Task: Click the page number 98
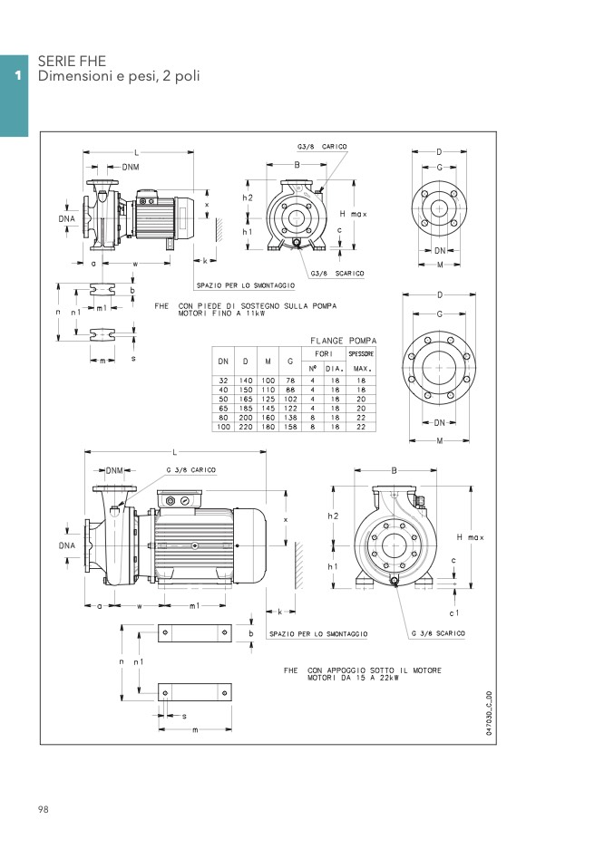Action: pyautogui.click(x=44, y=809)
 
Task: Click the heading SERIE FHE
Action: pyautogui.click(x=72, y=61)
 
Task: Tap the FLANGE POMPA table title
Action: pyautogui.click(x=343, y=341)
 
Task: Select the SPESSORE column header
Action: pyautogui.click(x=361, y=353)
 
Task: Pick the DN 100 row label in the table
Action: pyautogui.click(x=223, y=427)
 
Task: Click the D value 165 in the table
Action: pyautogui.click(x=246, y=399)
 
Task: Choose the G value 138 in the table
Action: pyautogui.click(x=290, y=418)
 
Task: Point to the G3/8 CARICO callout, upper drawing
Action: pyautogui.click(x=322, y=147)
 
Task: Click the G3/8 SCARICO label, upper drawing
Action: pyautogui.click(x=337, y=274)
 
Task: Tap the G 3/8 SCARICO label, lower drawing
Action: pyautogui.click(x=438, y=633)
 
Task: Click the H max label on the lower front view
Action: pyautogui.click(x=471, y=537)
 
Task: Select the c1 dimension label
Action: pyautogui.click(x=454, y=612)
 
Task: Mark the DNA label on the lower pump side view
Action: pyautogui.click(x=67, y=545)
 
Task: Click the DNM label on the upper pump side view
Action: pyautogui.click(x=131, y=167)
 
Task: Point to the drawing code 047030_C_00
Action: pyautogui.click(x=489, y=713)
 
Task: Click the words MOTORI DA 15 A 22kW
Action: pyautogui.click(x=353, y=678)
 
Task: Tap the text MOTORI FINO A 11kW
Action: pyautogui.click(x=221, y=313)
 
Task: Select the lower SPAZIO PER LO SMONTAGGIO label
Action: pyautogui.click(x=318, y=634)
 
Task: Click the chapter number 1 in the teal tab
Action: pyautogui.click(x=18, y=75)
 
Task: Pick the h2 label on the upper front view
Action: pyautogui.click(x=248, y=198)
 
